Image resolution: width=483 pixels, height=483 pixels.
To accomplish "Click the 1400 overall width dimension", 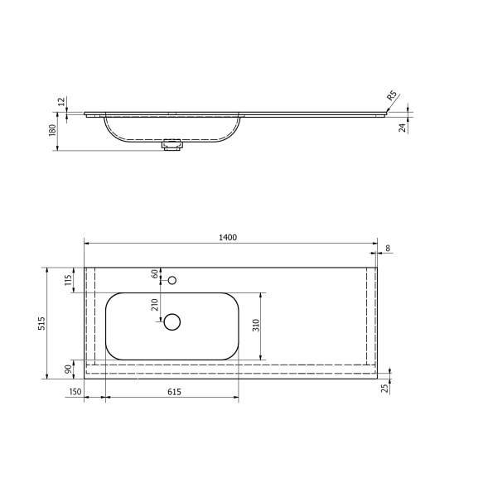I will click(x=228, y=237).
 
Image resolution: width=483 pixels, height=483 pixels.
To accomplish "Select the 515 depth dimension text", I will click(x=41, y=324).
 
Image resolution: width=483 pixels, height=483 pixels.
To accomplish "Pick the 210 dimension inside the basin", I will click(x=154, y=304).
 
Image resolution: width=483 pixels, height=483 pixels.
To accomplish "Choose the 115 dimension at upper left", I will click(x=69, y=280).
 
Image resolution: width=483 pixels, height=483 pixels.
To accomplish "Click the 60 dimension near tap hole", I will click(x=154, y=274).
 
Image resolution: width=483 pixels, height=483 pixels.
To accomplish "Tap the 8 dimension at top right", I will click(x=387, y=247).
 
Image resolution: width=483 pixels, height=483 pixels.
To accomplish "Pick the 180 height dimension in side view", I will click(x=51, y=130).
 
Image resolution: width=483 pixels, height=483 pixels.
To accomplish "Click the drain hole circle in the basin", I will click(x=172, y=322).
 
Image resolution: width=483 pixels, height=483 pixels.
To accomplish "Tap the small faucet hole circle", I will click(x=172, y=280).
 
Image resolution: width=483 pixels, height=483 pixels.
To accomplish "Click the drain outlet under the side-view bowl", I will click(x=172, y=145).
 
